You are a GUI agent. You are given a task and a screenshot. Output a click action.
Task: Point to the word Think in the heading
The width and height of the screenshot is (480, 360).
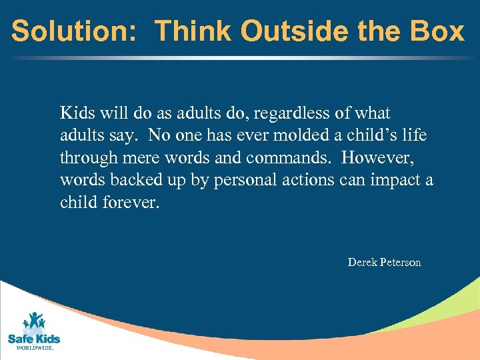tap(193, 31)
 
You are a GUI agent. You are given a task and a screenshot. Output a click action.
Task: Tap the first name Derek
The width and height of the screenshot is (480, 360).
tap(363, 263)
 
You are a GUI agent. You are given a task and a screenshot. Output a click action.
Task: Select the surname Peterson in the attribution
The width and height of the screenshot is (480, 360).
tap(401, 263)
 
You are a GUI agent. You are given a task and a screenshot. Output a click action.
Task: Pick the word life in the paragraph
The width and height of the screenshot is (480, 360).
tap(414, 136)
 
